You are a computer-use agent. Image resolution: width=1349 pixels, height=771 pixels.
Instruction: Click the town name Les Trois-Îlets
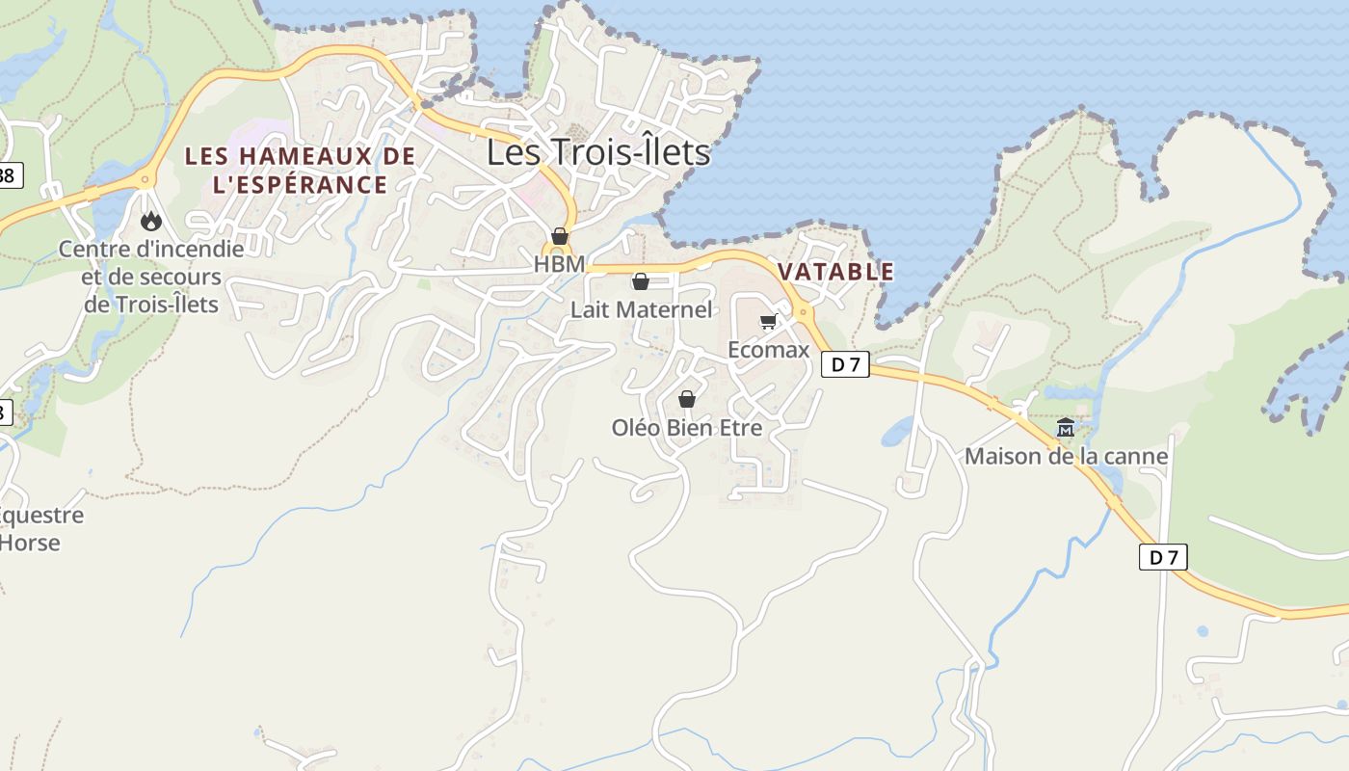(x=597, y=152)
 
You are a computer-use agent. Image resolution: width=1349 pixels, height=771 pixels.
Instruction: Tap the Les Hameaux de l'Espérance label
(x=300, y=170)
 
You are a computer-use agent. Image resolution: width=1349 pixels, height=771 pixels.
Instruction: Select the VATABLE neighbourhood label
(x=835, y=272)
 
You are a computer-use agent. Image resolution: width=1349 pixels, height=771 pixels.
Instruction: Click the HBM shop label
(x=559, y=263)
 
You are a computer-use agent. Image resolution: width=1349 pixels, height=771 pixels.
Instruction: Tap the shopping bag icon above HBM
(x=559, y=236)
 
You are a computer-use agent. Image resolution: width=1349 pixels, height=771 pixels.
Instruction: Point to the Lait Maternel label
(x=641, y=309)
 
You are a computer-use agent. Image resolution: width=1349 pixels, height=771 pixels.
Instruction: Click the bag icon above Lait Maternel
(x=640, y=281)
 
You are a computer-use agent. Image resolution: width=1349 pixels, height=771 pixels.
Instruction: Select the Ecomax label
(x=768, y=350)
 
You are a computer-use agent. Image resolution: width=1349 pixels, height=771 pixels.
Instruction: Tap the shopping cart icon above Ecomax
(x=768, y=322)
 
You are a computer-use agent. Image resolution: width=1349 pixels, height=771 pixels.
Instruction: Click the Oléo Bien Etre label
(x=686, y=427)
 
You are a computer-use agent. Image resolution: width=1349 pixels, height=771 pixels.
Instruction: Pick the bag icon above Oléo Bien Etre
(x=687, y=399)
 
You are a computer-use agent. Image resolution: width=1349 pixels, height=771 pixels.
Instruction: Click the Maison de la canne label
(x=1066, y=456)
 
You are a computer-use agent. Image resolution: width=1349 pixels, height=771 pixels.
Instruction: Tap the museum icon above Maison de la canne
(x=1066, y=428)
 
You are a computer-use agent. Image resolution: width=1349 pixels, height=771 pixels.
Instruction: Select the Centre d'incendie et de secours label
(x=151, y=277)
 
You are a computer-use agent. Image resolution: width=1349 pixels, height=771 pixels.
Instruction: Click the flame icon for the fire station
(x=151, y=222)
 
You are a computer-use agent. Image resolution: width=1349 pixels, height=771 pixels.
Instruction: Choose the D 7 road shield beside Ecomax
(x=845, y=364)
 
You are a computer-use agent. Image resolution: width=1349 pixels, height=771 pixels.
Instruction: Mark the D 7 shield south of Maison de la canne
(x=1163, y=557)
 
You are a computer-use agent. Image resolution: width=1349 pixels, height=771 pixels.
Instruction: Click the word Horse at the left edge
(x=29, y=543)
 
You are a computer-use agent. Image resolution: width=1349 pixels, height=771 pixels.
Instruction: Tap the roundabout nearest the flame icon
(x=145, y=178)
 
